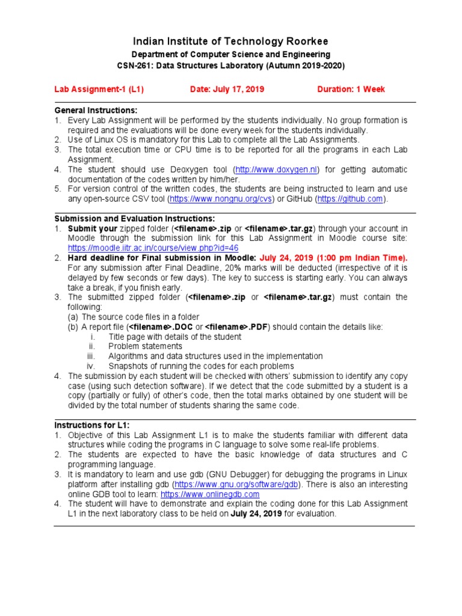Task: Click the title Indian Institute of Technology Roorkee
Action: point(230,41)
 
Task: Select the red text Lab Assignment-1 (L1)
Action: point(99,90)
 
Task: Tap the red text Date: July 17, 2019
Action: point(227,90)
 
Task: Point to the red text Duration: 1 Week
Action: point(351,90)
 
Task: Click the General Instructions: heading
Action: point(96,111)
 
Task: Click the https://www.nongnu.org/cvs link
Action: point(221,199)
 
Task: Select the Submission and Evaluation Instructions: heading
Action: point(135,218)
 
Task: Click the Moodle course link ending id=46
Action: point(153,247)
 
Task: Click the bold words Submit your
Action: point(92,229)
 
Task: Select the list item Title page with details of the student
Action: point(174,337)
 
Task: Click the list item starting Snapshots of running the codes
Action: point(201,366)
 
